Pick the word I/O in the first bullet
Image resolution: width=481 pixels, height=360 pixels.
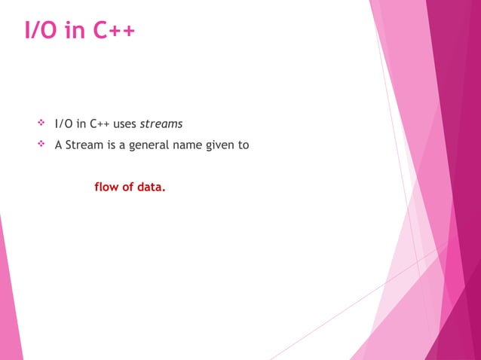pyautogui.click(x=64, y=124)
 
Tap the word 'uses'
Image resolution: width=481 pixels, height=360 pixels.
pyautogui.click(x=125, y=124)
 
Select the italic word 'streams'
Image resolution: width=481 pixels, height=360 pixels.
pyautogui.click(x=161, y=124)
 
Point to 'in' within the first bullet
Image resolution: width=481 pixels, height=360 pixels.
pyautogui.click(x=81, y=124)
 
